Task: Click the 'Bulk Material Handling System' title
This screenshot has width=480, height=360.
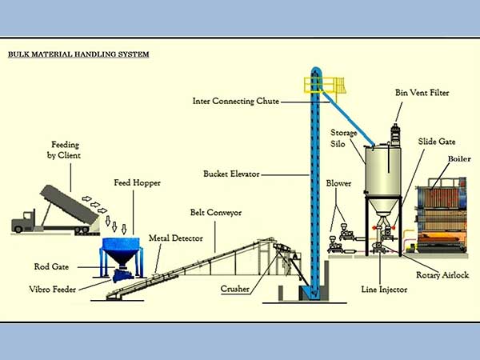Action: coord(78,54)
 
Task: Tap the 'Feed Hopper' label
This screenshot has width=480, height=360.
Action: coord(137,182)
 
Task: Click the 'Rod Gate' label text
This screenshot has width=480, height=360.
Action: coord(51,266)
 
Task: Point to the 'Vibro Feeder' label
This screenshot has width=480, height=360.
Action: coord(52,290)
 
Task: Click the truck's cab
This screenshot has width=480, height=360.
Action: coord(23,221)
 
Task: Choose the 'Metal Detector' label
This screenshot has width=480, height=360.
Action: coord(176,238)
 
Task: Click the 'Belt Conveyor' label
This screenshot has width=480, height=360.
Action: coord(216,213)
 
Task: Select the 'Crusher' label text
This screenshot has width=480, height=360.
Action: coord(234,289)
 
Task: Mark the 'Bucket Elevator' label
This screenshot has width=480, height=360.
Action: coord(231,174)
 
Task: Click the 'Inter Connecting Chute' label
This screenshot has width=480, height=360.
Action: coord(236,101)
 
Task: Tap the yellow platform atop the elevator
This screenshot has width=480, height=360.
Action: coord(324,85)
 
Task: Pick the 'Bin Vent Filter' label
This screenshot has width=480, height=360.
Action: coord(422,93)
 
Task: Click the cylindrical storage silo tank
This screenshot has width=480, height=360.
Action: coord(383,170)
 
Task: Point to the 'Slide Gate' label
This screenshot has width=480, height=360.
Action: coord(437,142)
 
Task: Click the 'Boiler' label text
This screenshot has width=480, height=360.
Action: coord(459,159)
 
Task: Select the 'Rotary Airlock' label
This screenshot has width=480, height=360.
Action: coord(442,275)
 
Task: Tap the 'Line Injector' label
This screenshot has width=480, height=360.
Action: coord(384,290)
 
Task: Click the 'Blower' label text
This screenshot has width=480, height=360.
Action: coord(338,183)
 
